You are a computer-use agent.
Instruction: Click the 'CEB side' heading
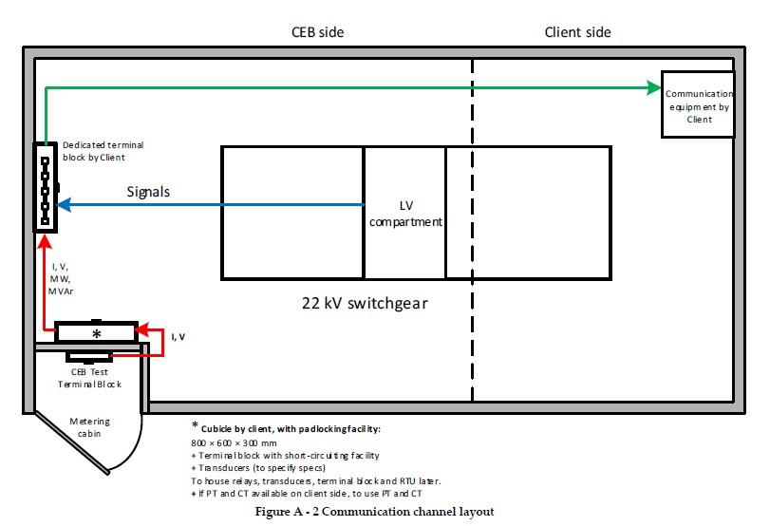[x=317, y=32]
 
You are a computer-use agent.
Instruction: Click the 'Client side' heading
[x=577, y=32]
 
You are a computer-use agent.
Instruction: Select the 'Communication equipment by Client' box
[x=698, y=104]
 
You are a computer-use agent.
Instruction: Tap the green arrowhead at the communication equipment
[x=654, y=88]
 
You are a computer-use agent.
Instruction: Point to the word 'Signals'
[x=148, y=192]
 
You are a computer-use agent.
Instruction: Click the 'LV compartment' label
[x=404, y=214]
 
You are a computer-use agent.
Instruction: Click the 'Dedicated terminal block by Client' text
[x=102, y=150]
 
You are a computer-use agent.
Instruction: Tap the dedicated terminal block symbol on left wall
[x=45, y=186]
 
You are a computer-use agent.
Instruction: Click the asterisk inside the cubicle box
[x=95, y=334]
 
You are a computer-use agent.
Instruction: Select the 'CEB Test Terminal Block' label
[x=91, y=378]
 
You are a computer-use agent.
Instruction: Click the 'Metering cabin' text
[x=90, y=428]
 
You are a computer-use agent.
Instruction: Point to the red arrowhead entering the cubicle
[x=141, y=329]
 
